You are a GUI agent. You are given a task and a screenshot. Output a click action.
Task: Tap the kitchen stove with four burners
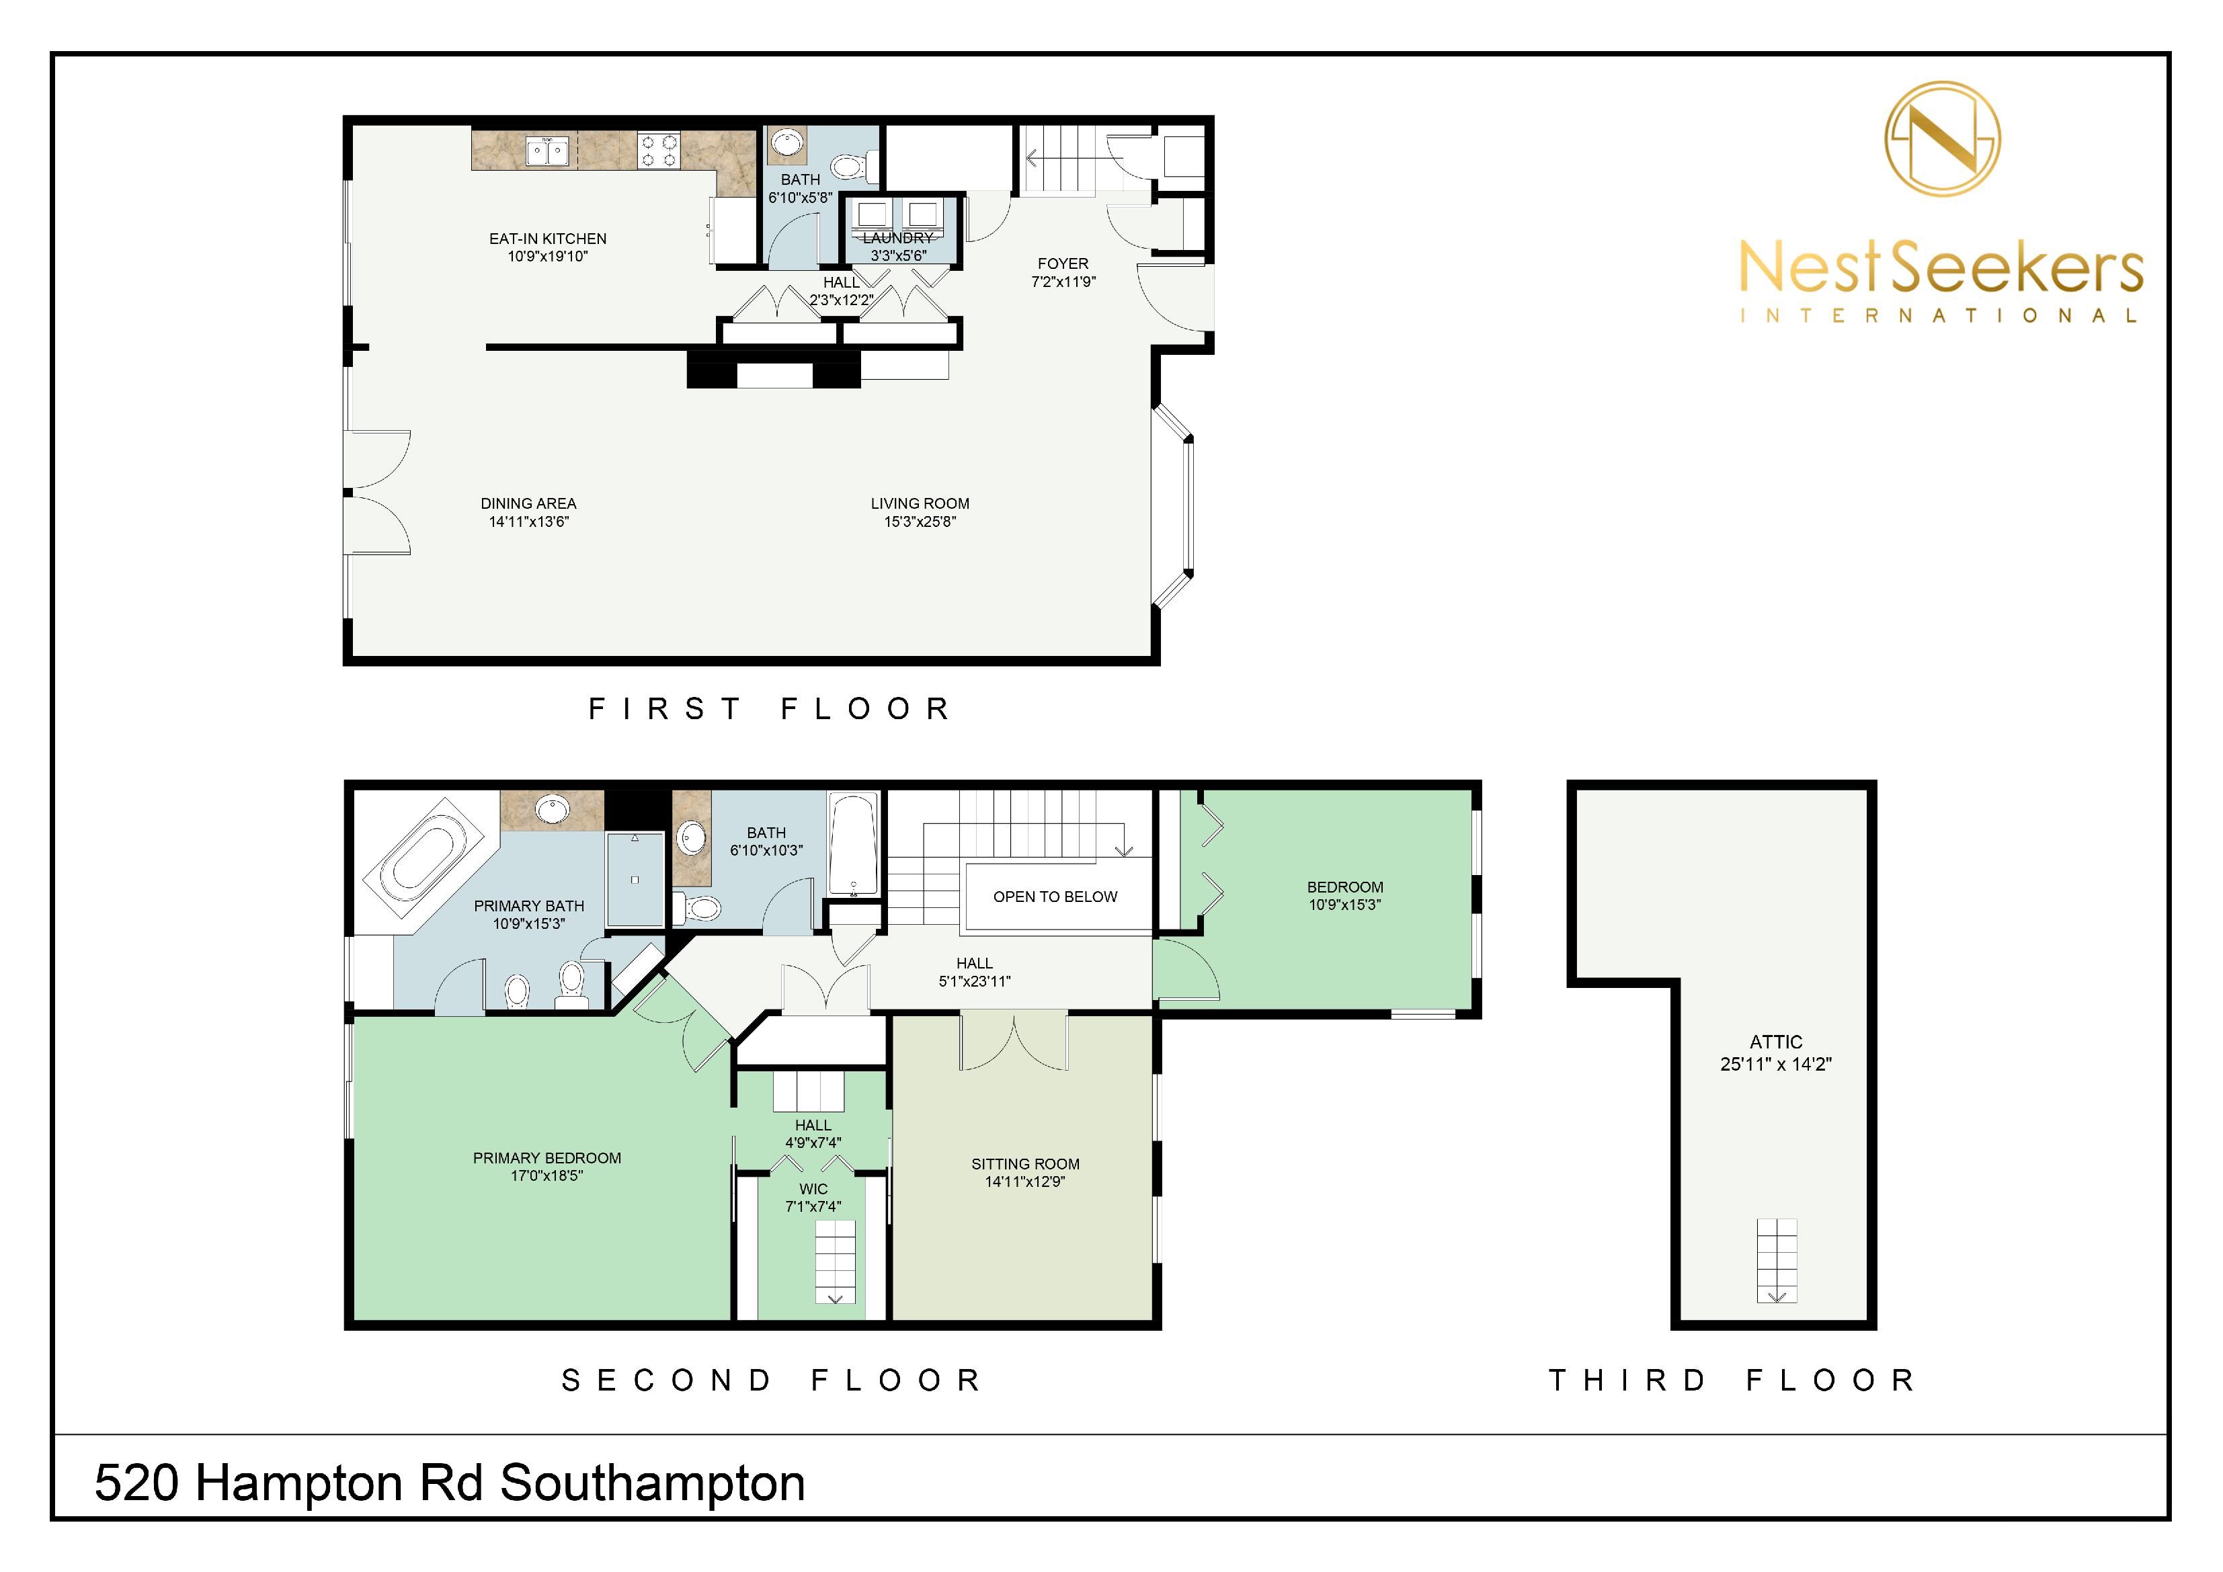pos(658,152)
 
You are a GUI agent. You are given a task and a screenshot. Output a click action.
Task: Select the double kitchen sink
pos(547,152)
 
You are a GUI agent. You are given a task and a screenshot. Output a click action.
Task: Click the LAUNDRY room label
pos(899,238)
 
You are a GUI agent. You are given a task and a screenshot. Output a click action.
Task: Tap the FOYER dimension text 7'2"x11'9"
pos(1063,282)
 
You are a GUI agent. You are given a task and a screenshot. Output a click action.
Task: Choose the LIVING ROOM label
pos(920,503)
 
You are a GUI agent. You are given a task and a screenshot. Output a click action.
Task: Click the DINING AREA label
pos(528,503)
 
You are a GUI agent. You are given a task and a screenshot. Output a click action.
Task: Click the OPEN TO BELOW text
pos(1055,897)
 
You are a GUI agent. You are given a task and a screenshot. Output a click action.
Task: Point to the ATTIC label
pos(1776,1042)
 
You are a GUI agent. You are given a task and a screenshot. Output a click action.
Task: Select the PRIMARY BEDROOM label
pos(547,1159)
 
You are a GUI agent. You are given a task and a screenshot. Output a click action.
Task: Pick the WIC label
pos(813,1190)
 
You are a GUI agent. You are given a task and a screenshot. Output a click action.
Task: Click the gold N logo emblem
pos(1942,139)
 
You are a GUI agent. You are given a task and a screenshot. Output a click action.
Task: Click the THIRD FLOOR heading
pos(1732,1380)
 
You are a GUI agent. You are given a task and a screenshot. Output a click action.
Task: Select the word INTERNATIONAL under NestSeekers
pos(1939,316)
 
